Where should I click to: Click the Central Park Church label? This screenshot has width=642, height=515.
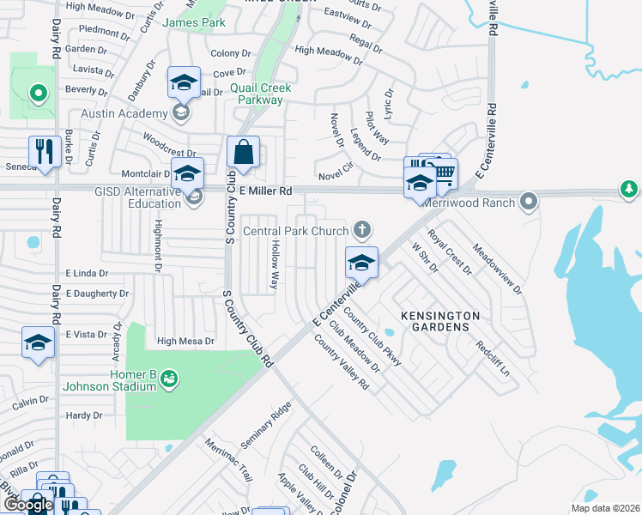coord(296,230)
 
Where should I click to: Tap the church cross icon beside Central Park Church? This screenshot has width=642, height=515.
coord(363,229)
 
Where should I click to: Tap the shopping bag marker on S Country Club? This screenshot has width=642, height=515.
coord(244,153)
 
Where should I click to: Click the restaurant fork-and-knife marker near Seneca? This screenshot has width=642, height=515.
coord(44,151)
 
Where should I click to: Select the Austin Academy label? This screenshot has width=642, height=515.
coord(124,113)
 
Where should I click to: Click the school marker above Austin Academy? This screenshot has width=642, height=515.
coord(184,82)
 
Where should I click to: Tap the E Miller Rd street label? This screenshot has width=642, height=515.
coord(266,190)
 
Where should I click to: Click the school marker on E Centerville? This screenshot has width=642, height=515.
coord(361,263)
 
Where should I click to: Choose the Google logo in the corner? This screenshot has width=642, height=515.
coord(27,505)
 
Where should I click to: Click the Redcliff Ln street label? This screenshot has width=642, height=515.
coord(493,359)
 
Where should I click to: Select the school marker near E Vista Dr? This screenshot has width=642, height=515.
coord(38,342)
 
